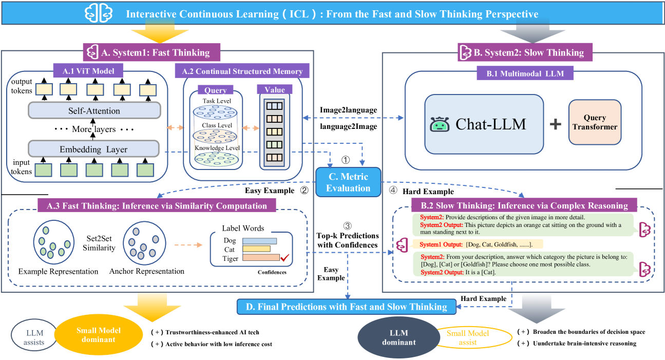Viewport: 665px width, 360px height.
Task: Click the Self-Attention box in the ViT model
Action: (x=94, y=110)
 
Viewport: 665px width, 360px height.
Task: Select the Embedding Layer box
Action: (x=94, y=149)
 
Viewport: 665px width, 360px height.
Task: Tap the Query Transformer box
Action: (x=595, y=122)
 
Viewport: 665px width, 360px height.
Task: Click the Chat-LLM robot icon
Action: (x=440, y=125)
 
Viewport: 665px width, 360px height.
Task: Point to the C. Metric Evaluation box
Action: (x=348, y=182)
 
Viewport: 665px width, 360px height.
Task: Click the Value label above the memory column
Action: (x=275, y=89)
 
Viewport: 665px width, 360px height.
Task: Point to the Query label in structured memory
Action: (x=216, y=90)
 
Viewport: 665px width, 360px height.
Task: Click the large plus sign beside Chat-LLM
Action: (x=556, y=124)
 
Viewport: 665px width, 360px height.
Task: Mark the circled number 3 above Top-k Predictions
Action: (x=348, y=225)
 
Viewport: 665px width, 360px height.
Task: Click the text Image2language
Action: (x=348, y=110)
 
